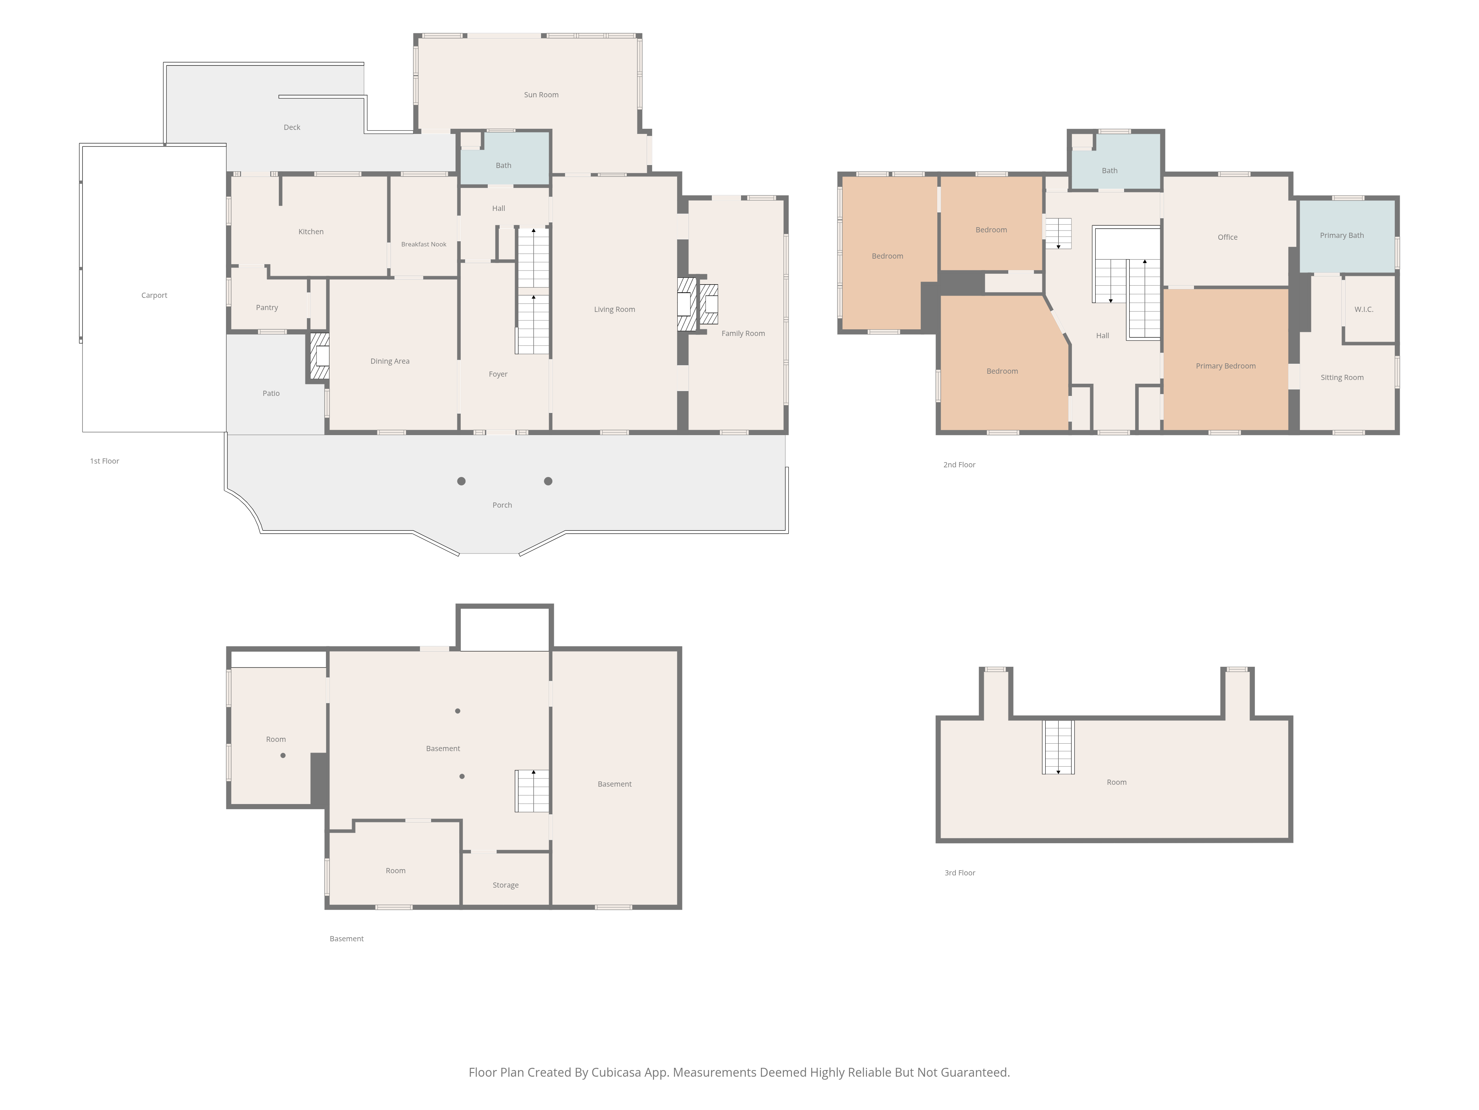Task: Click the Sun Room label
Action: pos(541,95)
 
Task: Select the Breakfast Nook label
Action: pos(423,244)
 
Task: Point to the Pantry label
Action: pos(267,308)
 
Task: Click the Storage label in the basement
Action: pos(505,885)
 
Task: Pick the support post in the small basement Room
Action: pos(283,756)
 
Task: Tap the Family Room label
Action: pos(743,333)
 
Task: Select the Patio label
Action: pos(271,393)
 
